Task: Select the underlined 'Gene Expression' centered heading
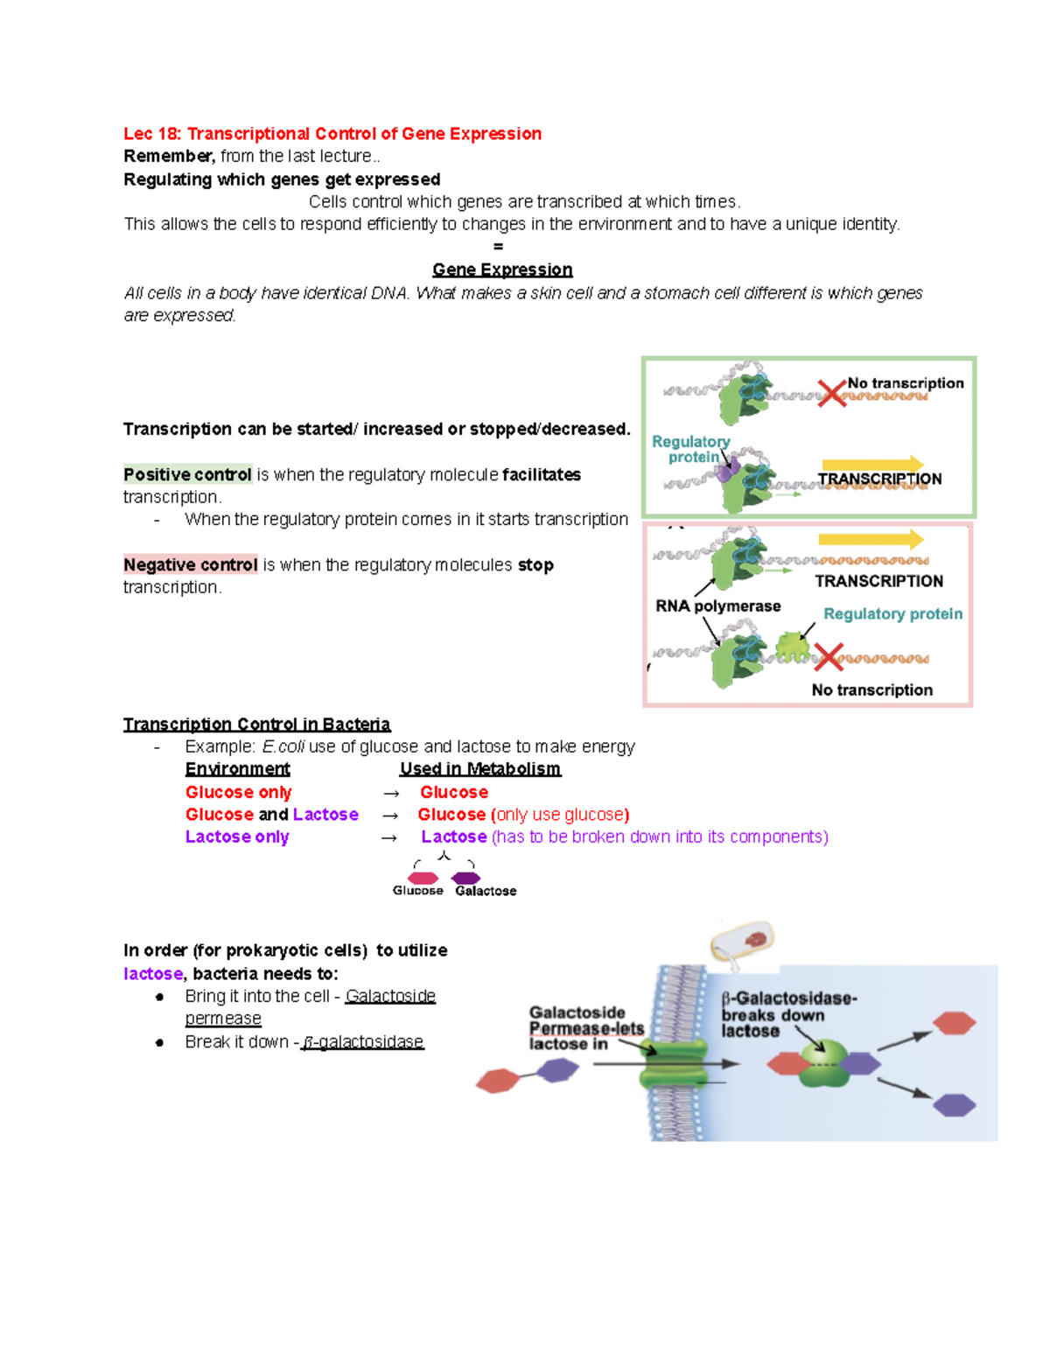tap(502, 270)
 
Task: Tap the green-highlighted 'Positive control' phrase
tap(187, 474)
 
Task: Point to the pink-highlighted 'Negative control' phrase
tap(191, 565)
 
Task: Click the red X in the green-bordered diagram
tap(831, 393)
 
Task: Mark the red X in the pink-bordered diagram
tap(828, 656)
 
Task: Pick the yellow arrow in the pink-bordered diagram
tap(871, 539)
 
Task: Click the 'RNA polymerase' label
tap(717, 606)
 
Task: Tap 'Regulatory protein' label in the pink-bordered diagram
tap(892, 614)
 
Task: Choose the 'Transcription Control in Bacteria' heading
tap(256, 725)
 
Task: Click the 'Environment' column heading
tap(237, 769)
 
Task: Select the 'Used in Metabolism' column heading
tap(479, 769)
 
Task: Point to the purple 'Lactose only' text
tap(237, 837)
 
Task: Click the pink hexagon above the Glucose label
tap(423, 878)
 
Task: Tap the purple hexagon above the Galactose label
tap(465, 878)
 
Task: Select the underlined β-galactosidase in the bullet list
tap(362, 1042)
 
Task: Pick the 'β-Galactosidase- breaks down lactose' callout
tap(787, 1014)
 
